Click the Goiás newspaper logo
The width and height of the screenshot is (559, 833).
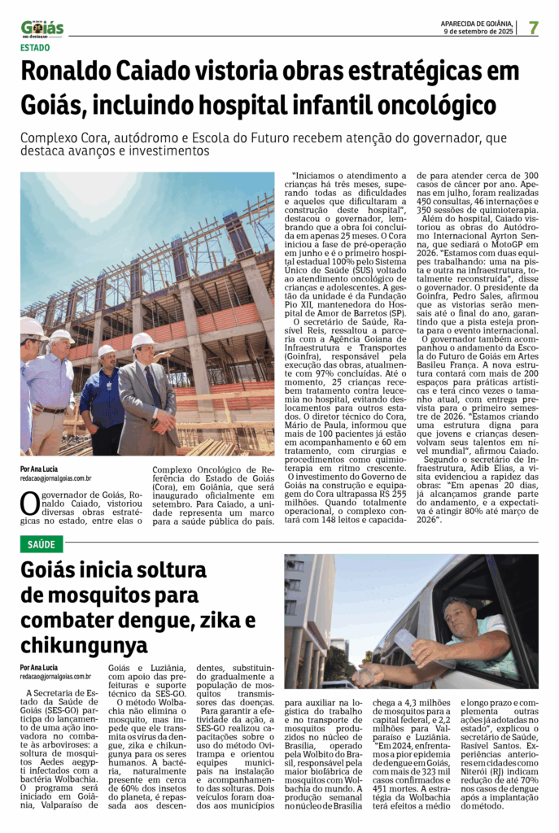pos(41,28)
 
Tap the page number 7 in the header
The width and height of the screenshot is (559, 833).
pos(533,28)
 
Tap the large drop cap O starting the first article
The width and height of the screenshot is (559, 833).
pos(29,503)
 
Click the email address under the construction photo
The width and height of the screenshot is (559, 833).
pos(55,479)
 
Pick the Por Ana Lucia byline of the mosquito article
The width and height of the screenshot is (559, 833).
pos(39,667)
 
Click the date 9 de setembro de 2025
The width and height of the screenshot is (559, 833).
pos(479,32)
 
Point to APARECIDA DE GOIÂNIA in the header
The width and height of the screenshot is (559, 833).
pos(477,23)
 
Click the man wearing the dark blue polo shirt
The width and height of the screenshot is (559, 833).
pos(103,399)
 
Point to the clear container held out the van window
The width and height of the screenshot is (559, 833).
pos(405,642)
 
